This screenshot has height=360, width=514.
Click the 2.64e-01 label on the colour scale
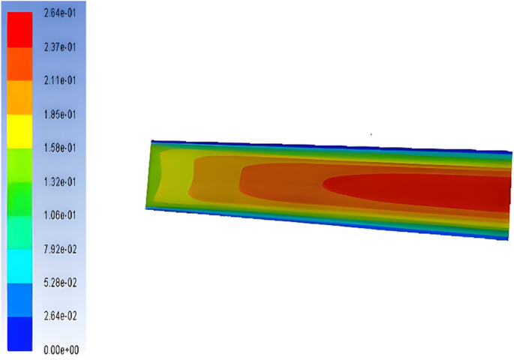pos(60,13)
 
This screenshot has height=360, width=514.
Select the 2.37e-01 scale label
pos(60,47)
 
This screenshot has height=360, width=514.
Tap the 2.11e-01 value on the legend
pos(60,80)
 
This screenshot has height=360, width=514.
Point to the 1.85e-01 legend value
pos(60,115)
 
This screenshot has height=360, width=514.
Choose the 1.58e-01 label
pos(60,148)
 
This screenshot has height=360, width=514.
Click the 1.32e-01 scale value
pos(60,181)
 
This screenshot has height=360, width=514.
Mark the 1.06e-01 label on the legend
pos(60,215)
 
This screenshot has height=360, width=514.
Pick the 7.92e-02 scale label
pos(60,250)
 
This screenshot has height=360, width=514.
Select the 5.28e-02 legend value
pos(60,283)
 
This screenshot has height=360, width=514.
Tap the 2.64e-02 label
pos(60,316)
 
